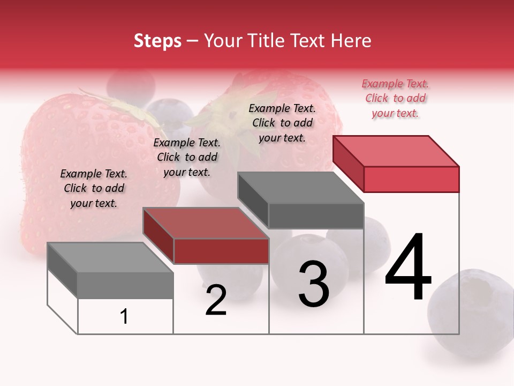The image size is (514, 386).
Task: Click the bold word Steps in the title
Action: click(x=157, y=41)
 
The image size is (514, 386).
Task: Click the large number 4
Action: click(x=408, y=268)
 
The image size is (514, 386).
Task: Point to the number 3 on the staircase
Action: click(x=314, y=284)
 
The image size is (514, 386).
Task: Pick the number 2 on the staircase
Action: click(x=216, y=300)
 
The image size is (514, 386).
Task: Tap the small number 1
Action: click(x=124, y=317)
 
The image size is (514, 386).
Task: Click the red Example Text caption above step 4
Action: click(x=395, y=98)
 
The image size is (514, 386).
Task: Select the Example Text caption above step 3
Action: click(x=282, y=123)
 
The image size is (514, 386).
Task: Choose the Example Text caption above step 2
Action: click(x=187, y=157)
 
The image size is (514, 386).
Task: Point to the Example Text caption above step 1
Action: click(x=94, y=188)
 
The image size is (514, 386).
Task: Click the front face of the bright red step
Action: click(x=411, y=179)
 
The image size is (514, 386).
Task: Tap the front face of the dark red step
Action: click(x=221, y=251)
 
